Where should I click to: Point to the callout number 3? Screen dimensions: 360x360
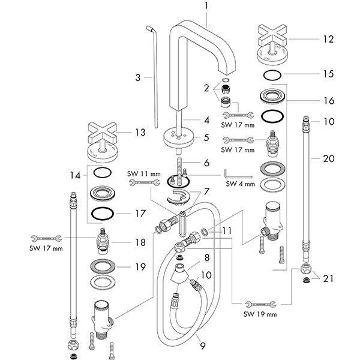click(x=137, y=77)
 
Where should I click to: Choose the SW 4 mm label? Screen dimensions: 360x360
click(x=241, y=184)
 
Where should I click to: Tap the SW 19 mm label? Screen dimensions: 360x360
click(x=260, y=314)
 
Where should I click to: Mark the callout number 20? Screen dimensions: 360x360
click(x=328, y=159)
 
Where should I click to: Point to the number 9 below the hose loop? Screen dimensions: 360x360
click(x=202, y=346)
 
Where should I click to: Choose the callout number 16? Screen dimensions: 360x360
click(x=328, y=100)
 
